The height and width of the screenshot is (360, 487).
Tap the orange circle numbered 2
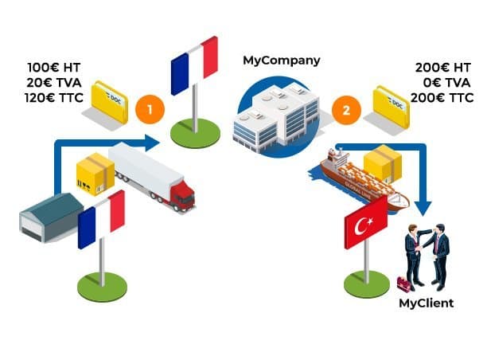346,110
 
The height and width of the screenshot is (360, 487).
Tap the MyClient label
427,303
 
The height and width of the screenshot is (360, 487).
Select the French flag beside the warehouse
102,219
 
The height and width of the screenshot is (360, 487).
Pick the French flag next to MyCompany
195,64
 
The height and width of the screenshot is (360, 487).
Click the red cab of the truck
183,195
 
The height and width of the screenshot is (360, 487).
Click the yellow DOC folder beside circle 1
109,101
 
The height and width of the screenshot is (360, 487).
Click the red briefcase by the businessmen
404,284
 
